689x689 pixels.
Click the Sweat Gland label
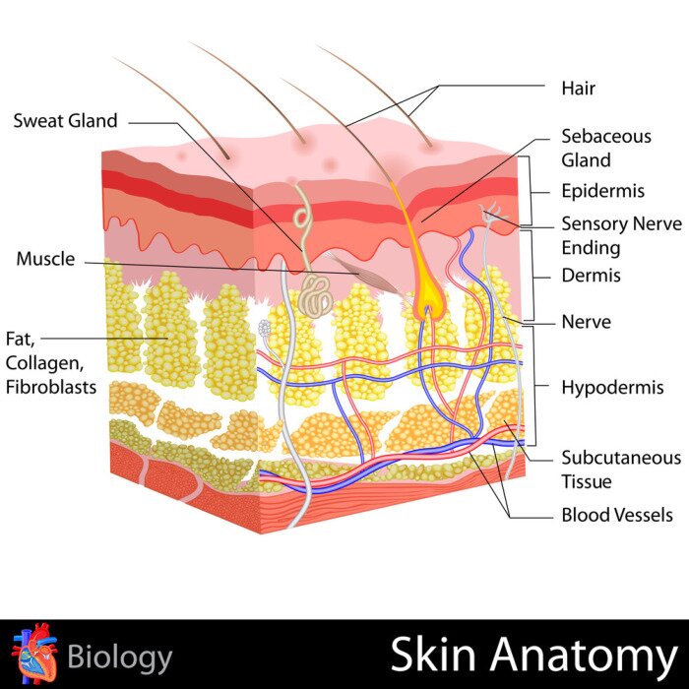click(x=65, y=121)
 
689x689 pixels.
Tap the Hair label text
click(x=578, y=89)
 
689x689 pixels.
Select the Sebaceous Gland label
click(x=605, y=148)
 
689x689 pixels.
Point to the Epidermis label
click(x=602, y=191)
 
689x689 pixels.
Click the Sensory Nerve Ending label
click(x=620, y=235)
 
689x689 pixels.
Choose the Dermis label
click(x=591, y=276)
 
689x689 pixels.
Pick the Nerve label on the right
click(x=586, y=321)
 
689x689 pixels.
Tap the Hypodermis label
click(x=612, y=387)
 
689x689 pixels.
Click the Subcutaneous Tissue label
click(x=620, y=470)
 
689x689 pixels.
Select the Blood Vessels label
click(x=617, y=515)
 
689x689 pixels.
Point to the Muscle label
click(x=45, y=259)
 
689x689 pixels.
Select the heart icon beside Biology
click(x=33, y=654)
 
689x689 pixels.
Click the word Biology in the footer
click(x=120, y=657)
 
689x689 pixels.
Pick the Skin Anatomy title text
click(x=532, y=655)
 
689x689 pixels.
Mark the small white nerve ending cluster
click(x=264, y=327)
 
